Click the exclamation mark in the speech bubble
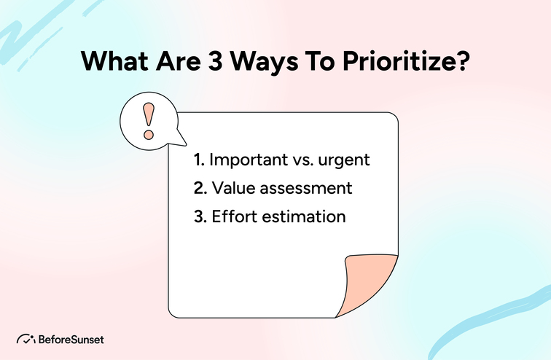(x=149, y=120)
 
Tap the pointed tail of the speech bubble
(x=180, y=140)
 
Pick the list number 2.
(x=200, y=188)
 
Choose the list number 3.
(x=200, y=217)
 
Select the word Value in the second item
(x=231, y=188)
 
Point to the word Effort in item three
(x=232, y=217)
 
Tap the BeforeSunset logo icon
(x=26, y=340)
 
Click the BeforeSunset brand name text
(x=71, y=340)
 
